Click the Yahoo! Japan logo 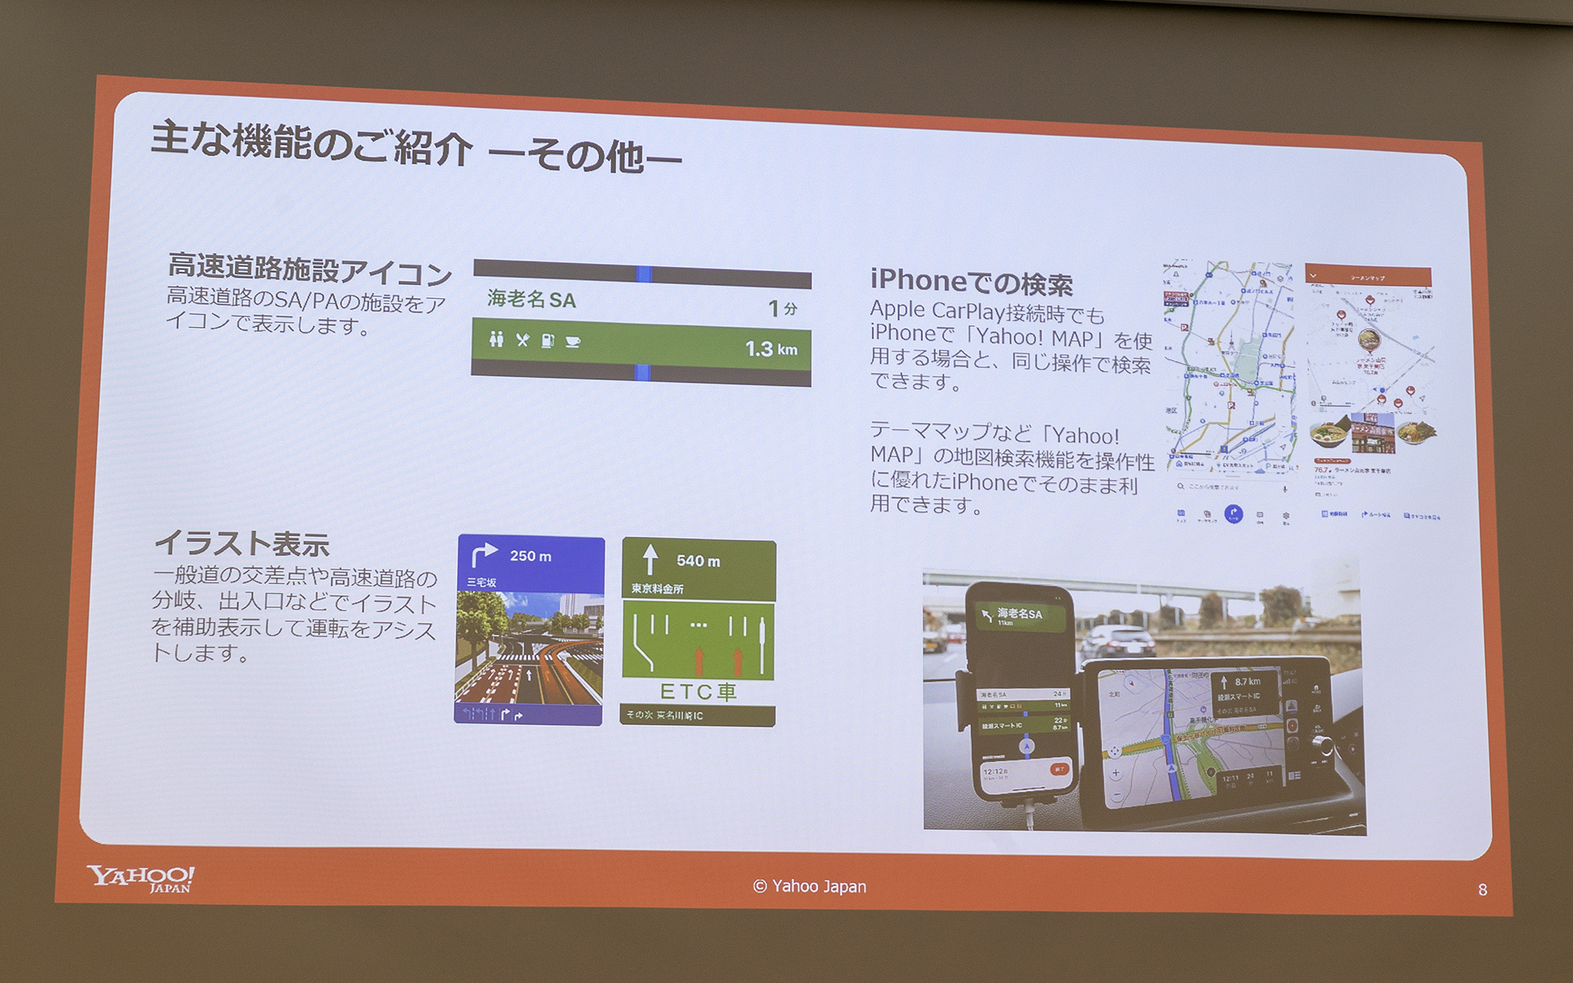pyautogui.click(x=141, y=878)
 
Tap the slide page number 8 pyautogui.click(x=1482, y=890)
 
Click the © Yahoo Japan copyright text pyautogui.click(x=809, y=886)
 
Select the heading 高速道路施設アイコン pyautogui.click(x=310, y=269)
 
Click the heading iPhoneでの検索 pyautogui.click(x=971, y=282)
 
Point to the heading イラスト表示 pyautogui.click(x=242, y=542)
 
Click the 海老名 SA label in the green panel pyautogui.click(x=532, y=299)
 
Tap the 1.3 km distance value pyautogui.click(x=770, y=350)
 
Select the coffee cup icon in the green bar pyautogui.click(x=573, y=342)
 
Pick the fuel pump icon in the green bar pyautogui.click(x=548, y=341)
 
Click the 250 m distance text pyautogui.click(x=530, y=556)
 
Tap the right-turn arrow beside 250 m pyautogui.click(x=483, y=555)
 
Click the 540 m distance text pyautogui.click(x=698, y=561)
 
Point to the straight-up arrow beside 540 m pyautogui.click(x=651, y=559)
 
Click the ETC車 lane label pyautogui.click(x=698, y=691)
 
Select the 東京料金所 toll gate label pyautogui.click(x=657, y=589)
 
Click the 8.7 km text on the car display pyautogui.click(x=1248, y=682)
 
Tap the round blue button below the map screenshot pyautogui.click(x=1233, y=514)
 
